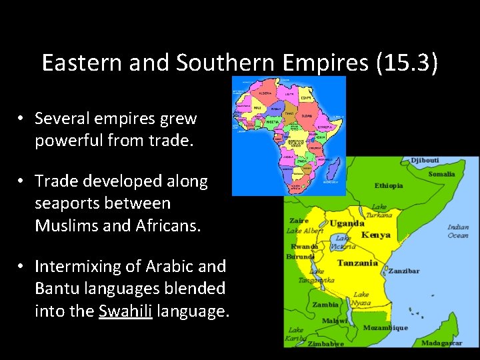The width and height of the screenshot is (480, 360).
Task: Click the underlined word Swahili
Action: [126, 311]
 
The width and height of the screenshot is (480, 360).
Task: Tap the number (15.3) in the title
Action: [405, 63]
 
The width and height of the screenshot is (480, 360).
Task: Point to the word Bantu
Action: [58, 289]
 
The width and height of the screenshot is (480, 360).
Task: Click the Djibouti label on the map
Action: [425, 160]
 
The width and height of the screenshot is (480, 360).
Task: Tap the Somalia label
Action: [441, 174]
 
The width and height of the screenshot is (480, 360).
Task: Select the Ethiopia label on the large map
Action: [388, 185]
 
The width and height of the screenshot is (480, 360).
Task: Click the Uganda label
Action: [346, 223]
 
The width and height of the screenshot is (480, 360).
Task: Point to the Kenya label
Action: [376, 235]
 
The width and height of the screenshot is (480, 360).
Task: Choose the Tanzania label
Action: [357, 263]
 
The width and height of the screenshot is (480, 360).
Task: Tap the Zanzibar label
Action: [404, 271]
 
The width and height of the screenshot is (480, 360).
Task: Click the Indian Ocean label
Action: [458, 231]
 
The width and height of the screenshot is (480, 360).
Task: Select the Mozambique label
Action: [385, 328]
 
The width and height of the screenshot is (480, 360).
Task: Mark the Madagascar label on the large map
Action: [442, 343]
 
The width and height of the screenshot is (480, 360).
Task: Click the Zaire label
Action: [298, 220]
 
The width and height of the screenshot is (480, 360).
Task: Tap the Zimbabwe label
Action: [326, 344]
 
